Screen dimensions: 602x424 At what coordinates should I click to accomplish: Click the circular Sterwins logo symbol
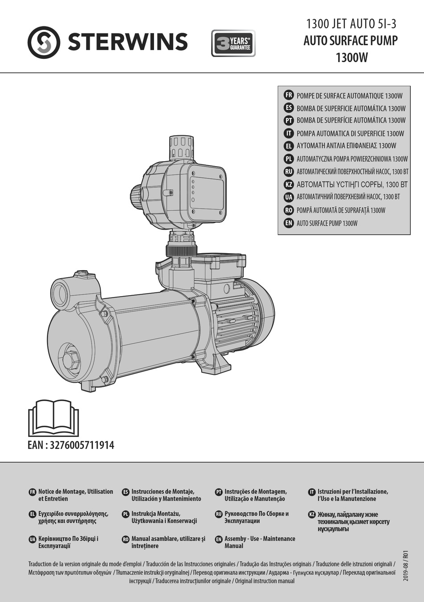43,42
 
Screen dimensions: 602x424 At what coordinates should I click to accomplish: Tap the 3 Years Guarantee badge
233,43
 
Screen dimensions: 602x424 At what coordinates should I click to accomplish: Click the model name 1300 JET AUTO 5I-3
351,24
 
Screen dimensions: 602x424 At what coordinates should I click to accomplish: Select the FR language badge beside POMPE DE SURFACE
288,95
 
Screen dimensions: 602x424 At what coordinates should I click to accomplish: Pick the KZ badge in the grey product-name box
288,184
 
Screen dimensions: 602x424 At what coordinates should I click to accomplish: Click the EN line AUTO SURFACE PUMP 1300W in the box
327,223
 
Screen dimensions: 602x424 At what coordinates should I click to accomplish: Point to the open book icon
54,418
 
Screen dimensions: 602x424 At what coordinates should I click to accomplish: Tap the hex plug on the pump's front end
71,360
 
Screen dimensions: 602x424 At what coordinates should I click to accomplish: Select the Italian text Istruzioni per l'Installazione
353,495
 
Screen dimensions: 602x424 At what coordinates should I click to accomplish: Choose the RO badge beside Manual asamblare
125,539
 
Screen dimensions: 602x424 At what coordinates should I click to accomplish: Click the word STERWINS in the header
128,42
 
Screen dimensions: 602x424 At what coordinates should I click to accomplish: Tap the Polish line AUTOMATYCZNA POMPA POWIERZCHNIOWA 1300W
352,159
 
